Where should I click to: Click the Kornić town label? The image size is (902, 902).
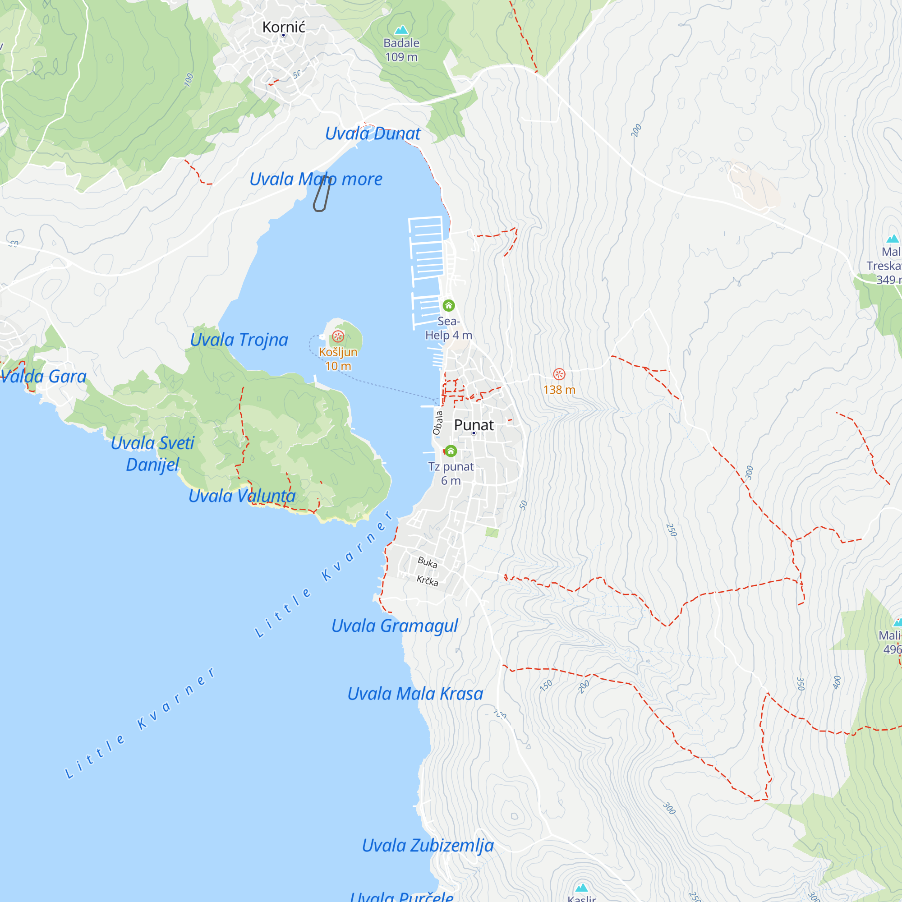283,27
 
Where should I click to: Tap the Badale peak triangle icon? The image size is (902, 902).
401,30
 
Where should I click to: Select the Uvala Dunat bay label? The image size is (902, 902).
373,134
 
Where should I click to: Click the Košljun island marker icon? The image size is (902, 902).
338,336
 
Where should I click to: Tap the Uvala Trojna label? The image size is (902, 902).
239,340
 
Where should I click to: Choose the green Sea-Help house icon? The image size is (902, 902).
449,305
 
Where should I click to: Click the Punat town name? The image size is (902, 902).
474,425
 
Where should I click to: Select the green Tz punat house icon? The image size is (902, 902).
451,451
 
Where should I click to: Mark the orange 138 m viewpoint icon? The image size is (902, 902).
559,374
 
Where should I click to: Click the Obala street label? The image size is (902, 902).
437,423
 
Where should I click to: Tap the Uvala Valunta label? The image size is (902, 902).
242,496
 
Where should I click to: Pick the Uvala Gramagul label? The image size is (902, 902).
395,626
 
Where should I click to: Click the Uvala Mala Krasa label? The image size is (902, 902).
415,694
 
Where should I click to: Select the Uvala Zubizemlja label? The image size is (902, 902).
428,846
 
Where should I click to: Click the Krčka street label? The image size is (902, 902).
427,581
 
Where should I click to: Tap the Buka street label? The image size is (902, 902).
427,562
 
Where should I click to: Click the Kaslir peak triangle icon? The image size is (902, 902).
581,888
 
